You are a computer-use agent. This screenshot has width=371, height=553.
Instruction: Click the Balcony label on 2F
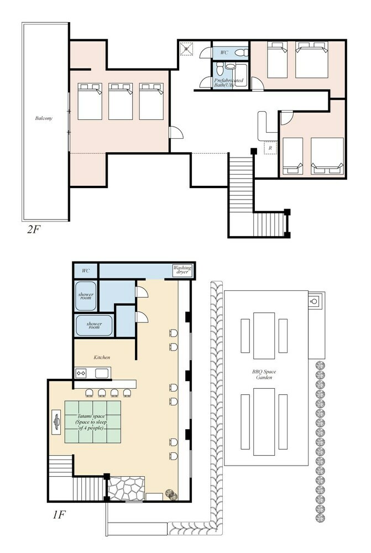click(x=44, y=118)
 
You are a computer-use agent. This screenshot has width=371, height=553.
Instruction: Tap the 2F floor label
click(x=34, y=229)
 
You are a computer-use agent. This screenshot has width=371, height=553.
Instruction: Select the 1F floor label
click(x=59, y=514)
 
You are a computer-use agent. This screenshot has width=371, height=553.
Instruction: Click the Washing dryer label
click(x=182, y=270)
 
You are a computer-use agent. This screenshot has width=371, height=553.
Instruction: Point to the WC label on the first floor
click(x=86, y=271)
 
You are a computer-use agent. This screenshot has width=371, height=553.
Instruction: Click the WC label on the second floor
click(x=224, y=53)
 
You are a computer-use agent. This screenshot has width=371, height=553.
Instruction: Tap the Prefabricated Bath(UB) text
click(x=228, y=82)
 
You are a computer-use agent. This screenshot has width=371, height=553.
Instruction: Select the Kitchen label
click(x=102, y=357)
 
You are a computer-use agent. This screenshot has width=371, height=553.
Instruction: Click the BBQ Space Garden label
click(x=264, y=374)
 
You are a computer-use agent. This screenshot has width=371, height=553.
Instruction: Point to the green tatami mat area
click(x=93, y=422)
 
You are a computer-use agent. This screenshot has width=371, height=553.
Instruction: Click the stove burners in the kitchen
click(x=81, y=373)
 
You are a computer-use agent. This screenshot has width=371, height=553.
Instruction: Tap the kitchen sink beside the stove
click(x=102, y=373)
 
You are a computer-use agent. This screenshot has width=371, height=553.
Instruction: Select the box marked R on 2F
click(x=270, y=148)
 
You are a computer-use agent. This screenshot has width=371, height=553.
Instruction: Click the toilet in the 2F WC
click(x=242, y=53)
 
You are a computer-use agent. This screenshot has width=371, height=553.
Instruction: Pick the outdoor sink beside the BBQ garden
click(x=314, y=301)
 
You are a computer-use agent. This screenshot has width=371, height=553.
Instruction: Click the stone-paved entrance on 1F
click(x=126, y=488)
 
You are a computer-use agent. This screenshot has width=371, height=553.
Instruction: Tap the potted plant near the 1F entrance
click(x=172, y=494)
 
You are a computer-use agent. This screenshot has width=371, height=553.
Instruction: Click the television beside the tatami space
click(x=56, y=422)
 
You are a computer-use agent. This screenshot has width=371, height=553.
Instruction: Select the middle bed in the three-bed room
click(x=121, y=101)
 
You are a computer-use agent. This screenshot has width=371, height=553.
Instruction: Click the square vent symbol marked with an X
click(x=186, y=49)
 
